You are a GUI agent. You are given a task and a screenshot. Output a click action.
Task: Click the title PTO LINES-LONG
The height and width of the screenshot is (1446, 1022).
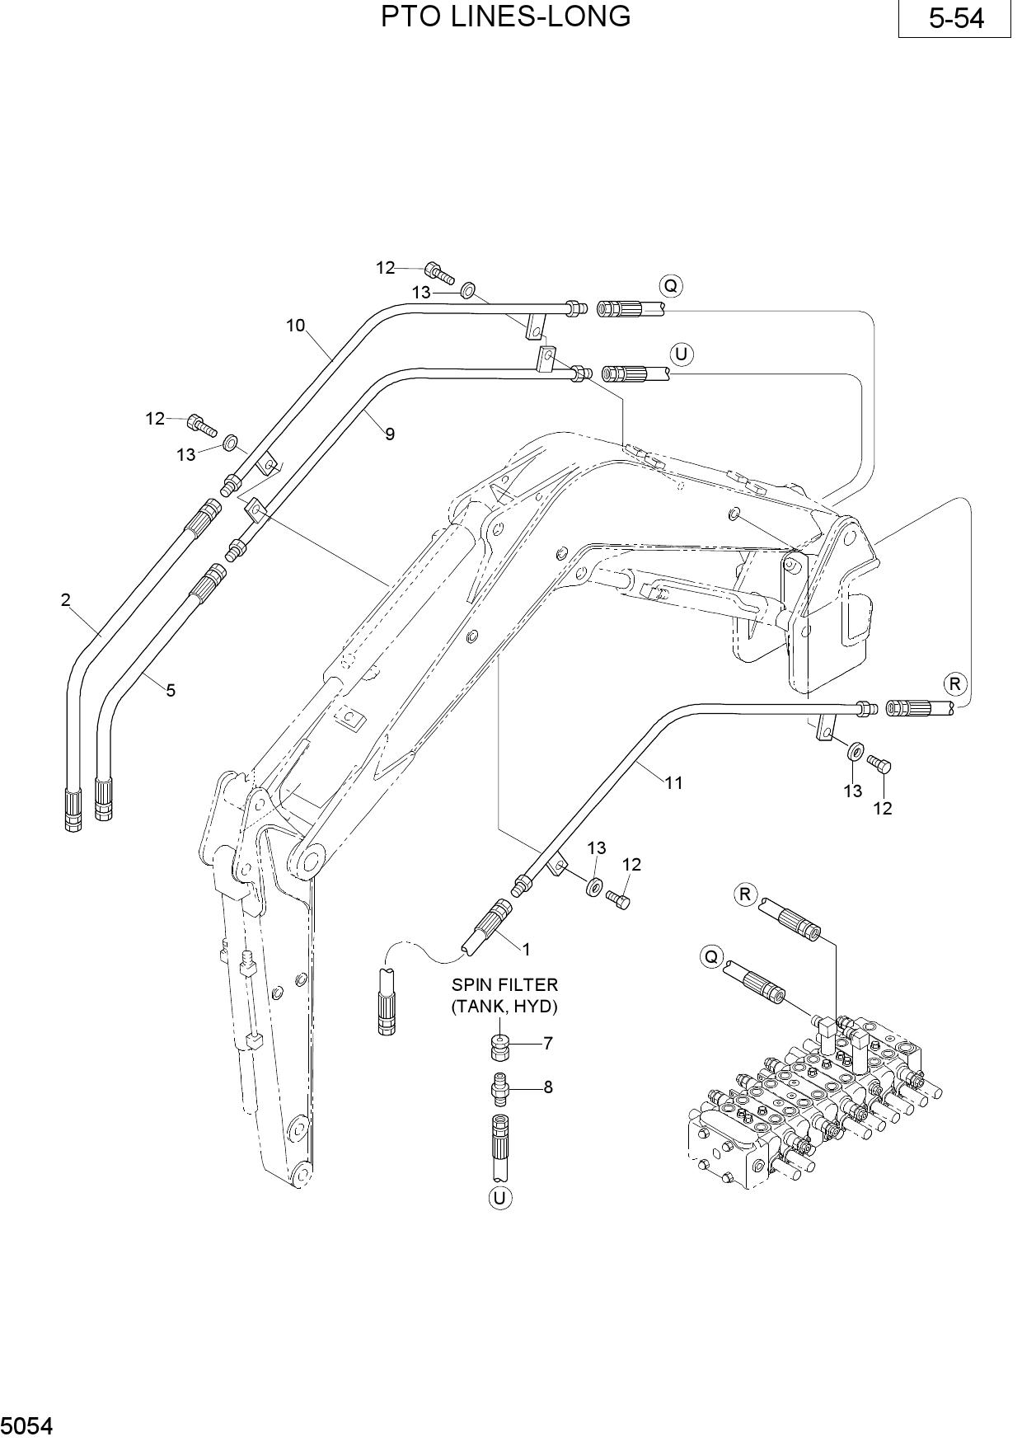pyautogui.click(x=505, y=16)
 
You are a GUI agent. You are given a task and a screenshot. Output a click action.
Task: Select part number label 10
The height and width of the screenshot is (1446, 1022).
pyautogui.click(x=296, y=326)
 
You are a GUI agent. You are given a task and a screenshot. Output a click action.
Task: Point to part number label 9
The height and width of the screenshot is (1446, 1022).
pyautogui.click(x=390, y=434)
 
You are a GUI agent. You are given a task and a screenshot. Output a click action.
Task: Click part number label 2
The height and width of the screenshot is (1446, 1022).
pyautogui.click(x=66, y=600)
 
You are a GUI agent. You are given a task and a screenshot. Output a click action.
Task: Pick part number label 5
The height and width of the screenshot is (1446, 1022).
pyautogui.click(x=171, y=691)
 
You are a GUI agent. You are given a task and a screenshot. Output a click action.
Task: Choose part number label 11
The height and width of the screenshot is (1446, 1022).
pyautogui.click(x=674, y=782)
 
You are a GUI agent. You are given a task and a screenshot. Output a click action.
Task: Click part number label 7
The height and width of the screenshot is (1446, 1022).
pyautogui.click(x=548, y=1043)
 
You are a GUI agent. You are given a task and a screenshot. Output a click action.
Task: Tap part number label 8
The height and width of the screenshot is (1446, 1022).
pyautogui.click(x=548, y=1087)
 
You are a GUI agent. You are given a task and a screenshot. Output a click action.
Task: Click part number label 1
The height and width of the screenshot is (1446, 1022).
pyautogui.click(x=526, y=949)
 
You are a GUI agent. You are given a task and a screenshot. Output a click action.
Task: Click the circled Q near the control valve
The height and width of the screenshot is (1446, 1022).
pyautogui.click(x=711, y=957)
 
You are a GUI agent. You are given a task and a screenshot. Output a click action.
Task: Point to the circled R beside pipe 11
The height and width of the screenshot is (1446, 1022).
pyautogui.click(x=955, y=683)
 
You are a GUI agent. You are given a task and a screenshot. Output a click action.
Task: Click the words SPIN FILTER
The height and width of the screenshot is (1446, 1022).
pyautogui.click(x=504, y=984)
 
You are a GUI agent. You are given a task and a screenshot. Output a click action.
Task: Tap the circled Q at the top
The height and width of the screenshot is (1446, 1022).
pyautogui.click(x=671, y=286)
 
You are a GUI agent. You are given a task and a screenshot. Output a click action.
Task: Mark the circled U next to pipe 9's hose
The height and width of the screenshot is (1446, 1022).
pyautogui.click(x=682, y=354)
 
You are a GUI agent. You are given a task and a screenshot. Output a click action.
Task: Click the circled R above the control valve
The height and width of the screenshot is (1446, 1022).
pyautogui.click(x=746, y=894)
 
